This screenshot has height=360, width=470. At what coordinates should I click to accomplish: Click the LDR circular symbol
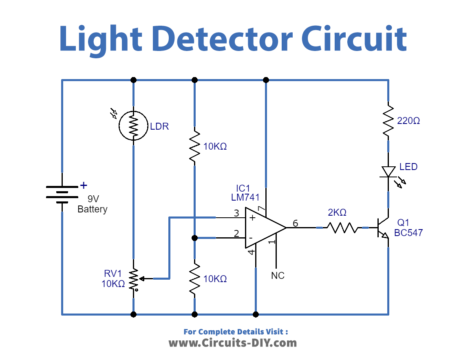[133, 127]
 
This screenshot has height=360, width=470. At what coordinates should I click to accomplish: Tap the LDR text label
[160, 127]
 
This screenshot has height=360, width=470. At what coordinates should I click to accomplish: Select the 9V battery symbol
[62, 194]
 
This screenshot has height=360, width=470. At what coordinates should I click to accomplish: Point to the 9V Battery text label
[92, 203]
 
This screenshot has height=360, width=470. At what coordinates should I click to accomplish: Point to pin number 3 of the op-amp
[235, 213]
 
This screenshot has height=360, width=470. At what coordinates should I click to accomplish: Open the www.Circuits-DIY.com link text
[236, 343]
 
